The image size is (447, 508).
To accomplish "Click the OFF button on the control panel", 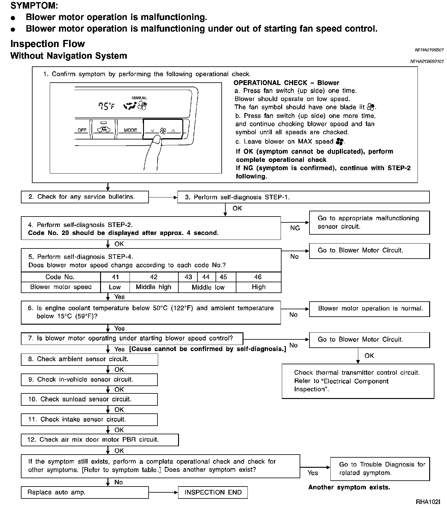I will tap(82, 130).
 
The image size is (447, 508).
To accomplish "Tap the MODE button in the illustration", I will tap(130, 130).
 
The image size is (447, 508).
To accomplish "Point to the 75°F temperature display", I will tap(106, 106).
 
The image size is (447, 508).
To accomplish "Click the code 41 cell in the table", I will tap(115, 277).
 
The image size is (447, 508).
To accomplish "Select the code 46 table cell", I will tap(258, 277).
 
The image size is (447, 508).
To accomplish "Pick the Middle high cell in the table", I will tap(154, 287).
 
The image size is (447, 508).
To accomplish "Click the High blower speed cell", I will tap(258, 287).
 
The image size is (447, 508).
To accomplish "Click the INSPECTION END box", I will tap(213, 492).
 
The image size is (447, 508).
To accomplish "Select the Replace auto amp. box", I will tap(85, 492).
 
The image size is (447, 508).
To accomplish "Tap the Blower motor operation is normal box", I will tap(369, 309).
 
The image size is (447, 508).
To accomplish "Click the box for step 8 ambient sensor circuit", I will tap(89, 359).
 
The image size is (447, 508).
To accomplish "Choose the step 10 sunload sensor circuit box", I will tap(89, 399).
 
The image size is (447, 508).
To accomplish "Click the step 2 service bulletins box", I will tap(85, 197).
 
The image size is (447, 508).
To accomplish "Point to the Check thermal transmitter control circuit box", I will tap(358, 381).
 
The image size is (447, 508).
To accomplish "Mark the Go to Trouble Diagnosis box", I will tap(380, 469).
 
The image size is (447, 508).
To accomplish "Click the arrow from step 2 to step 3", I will tap(163, 197).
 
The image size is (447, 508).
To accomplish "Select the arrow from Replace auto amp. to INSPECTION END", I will tap(163, 493).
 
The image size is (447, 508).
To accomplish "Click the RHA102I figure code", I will tap(428, 502).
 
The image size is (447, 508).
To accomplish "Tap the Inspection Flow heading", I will tap(48, 44).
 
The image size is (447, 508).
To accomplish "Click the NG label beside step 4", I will tap(295, 228).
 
